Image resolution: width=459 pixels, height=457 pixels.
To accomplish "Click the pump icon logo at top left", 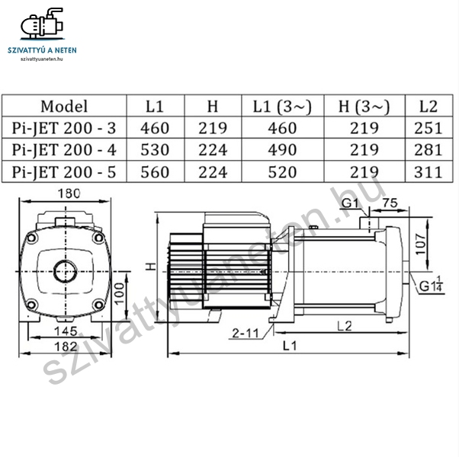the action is [x=42, y=24].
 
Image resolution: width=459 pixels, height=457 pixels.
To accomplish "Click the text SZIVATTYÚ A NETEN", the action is [x=42, y=50].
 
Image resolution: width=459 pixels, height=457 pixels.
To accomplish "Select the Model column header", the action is [x=64, y=106].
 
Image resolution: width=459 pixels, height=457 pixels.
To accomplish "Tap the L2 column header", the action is [x=429, y=106].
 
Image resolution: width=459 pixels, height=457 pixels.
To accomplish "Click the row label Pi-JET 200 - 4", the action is [x=64, y=150].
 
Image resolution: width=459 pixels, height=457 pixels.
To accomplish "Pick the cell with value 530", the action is [x=155, y=150].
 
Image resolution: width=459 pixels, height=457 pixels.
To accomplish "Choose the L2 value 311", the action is [x=428, y=171].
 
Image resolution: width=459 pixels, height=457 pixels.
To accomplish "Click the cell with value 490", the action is [x=282, y=150].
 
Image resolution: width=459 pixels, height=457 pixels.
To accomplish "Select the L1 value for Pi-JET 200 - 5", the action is [x=155, y=171].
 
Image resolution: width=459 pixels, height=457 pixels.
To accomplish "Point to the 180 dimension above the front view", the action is [x=69, y=193].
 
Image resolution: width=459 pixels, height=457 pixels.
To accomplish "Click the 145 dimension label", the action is [x=66, y=331].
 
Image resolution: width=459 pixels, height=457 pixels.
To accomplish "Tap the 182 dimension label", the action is [x=66, y=347].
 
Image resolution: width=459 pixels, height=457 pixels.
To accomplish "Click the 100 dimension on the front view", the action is [x=120, y=293].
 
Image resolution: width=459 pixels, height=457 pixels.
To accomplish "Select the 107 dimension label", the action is [x=421, y=244].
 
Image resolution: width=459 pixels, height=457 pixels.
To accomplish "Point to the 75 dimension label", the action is [x=390, y=203].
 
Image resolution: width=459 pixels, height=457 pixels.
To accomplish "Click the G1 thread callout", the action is [x=350, y=203].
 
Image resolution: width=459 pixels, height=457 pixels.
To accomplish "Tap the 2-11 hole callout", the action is [x=246, y=333].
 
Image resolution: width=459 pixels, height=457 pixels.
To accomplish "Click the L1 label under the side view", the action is [x=290, y=347].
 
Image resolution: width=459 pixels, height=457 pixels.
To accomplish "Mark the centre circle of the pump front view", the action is [x=66, y=271].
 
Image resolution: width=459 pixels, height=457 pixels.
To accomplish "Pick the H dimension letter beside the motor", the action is [x=150, y=267].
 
